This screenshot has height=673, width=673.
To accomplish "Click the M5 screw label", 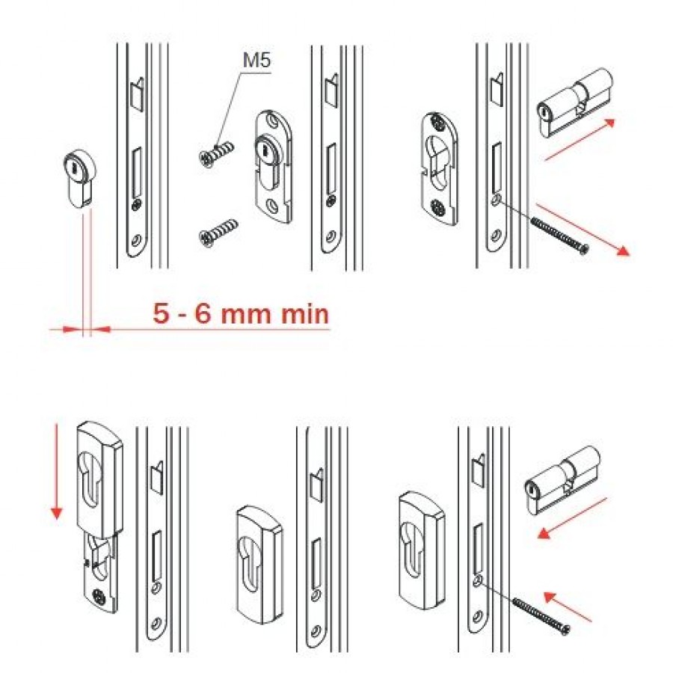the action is click(256, 60).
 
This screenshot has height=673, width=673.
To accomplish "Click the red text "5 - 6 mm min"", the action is click(242, 313).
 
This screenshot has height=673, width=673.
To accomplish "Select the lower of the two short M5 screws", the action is click(218, 233).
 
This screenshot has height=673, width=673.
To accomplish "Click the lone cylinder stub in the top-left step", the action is click(80, 179).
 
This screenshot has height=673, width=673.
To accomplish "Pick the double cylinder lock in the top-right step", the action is click(574, 104).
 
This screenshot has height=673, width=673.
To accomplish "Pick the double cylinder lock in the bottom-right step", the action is click(562, 481).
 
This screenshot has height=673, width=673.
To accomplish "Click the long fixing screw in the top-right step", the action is click(559, 236).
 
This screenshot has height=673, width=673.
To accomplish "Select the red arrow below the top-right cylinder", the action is click(580, 141).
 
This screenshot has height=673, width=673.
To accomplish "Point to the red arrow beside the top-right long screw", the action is click(583, 230).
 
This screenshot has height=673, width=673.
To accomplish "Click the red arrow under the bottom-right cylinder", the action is click(572, 517).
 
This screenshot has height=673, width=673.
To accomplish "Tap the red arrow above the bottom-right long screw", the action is click(568, 606).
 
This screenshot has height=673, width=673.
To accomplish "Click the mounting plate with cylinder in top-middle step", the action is click(273, 167).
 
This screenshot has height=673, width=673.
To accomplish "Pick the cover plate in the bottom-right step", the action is click(421, 550).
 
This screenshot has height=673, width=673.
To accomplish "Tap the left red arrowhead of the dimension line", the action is click(70, 329).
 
